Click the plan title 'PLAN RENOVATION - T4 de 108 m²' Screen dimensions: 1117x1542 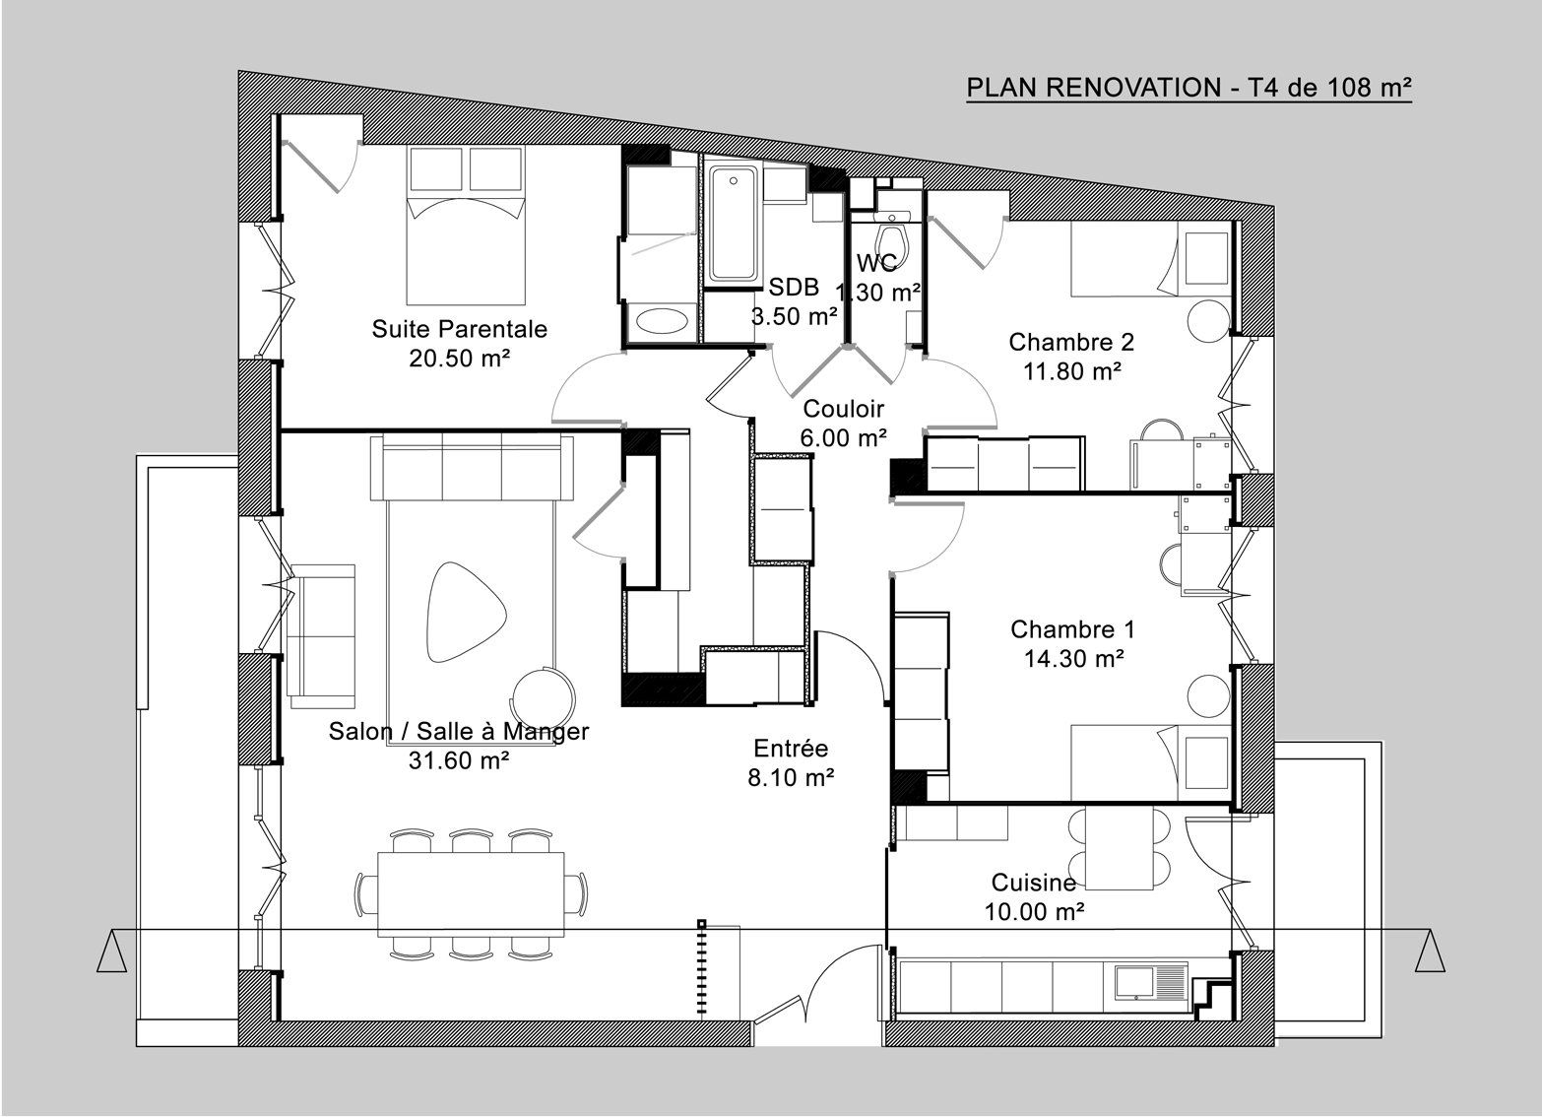pos(1189,88)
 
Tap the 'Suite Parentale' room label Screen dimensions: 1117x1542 pos(459,328)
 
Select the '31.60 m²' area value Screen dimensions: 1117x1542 pos(459,760)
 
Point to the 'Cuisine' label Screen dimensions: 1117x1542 pos(1033,882)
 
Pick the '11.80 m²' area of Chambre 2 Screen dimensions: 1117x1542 pos(1072,371)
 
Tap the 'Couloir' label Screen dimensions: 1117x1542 pos(844,409)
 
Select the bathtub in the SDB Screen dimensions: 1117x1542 pos(735,225)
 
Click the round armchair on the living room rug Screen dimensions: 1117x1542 pos(543,697)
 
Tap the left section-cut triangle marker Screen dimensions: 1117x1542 pos(111,951)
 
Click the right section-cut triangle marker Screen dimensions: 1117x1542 pos(1431,951)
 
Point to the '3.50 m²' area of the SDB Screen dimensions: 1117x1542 pos(794,316)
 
